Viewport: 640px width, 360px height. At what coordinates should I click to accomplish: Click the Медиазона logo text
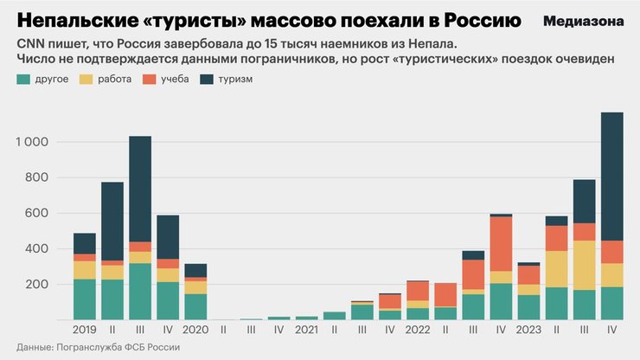(584, 20)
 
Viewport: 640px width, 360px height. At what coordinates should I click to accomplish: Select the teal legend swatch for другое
(23, 80)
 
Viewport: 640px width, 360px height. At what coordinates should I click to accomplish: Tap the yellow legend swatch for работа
(85, 80)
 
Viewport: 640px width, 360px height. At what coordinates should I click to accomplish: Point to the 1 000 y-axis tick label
(32, 142)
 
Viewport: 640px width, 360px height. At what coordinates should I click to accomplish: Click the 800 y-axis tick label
(38, 177)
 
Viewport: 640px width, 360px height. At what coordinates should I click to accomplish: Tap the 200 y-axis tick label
(38, 285)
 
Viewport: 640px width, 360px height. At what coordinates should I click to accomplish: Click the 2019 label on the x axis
(84, 330)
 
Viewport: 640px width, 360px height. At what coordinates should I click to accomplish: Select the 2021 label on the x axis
(306, 330)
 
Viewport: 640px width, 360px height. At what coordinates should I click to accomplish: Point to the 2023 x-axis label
(528, 330)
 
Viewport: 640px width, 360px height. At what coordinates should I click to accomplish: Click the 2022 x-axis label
(417, 330)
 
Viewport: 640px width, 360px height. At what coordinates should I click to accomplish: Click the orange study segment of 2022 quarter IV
(500, 244)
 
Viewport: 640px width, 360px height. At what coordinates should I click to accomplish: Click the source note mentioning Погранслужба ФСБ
(99, 347)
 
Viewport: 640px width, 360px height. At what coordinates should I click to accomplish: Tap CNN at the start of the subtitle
(29, 42)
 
